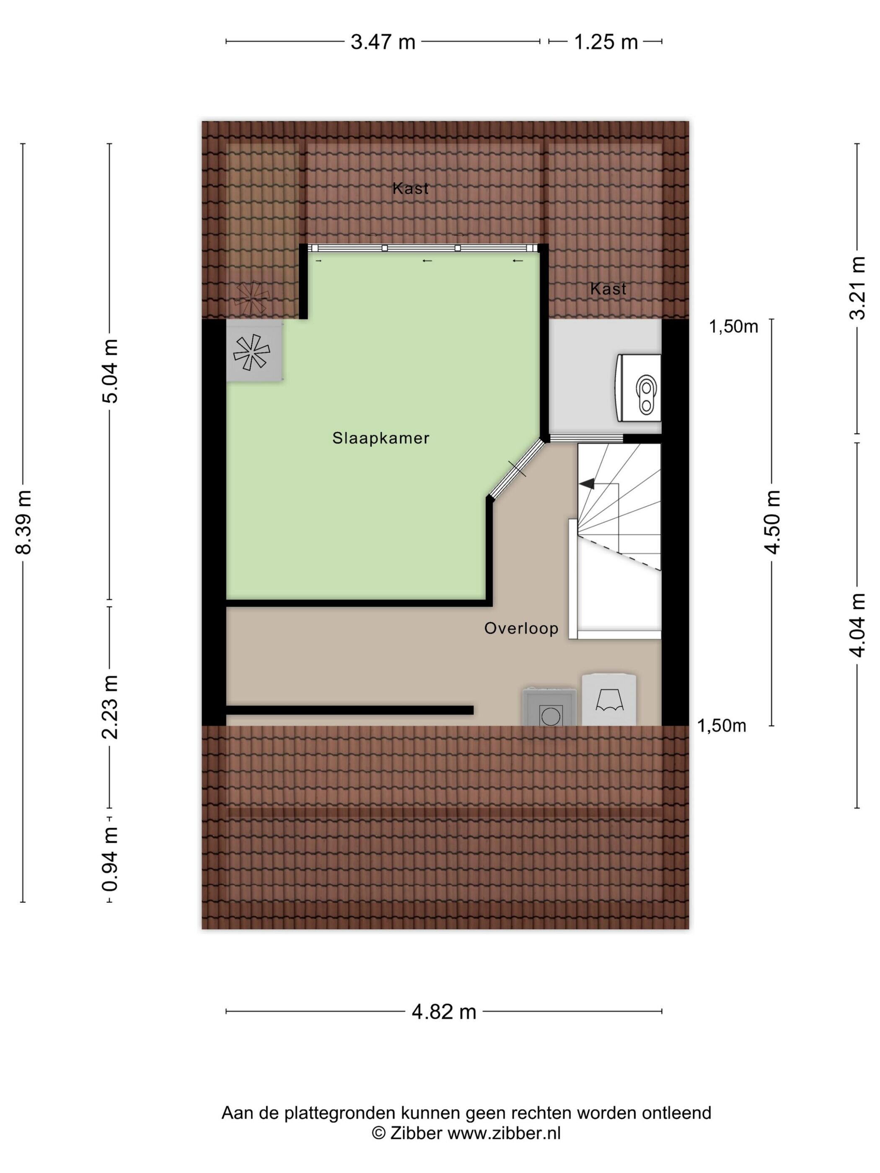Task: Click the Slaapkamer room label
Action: point(380,438)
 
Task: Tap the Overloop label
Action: point(521,628)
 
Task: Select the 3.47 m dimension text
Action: point(383,41)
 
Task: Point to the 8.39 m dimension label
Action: point(24,522)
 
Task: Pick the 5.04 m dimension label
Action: point(110,371)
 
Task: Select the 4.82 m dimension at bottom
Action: point(444,1012)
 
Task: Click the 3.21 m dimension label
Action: point(858,287)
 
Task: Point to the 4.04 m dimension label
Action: point(858,625)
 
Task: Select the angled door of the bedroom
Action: point(516,469)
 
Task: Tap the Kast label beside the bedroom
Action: point(608,289)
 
